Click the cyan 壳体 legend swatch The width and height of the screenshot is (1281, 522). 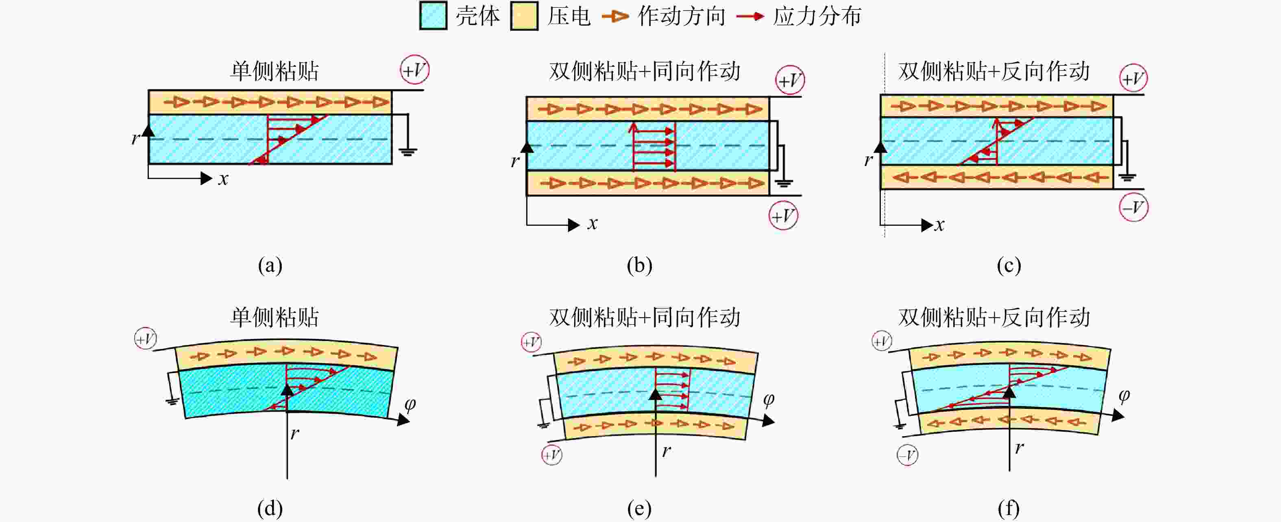[x=433, y=16]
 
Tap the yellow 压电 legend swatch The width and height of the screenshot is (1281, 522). [x=524, y=16]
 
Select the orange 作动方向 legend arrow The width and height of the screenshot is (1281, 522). [x=615, y=16]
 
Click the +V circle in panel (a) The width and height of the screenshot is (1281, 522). [x=415, y=70]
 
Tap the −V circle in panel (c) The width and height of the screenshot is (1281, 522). [x=1134, y=207]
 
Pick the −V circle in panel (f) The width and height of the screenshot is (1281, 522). [x=908, y=455]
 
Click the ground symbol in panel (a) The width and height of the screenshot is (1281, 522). [x=408, y=151]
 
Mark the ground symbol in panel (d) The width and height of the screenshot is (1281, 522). [x=172, y=401]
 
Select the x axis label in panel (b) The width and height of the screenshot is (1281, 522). [x=592, y=224]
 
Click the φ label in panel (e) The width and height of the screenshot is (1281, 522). [x=769, y=400]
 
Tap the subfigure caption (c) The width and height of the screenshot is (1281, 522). [x=1009, y=265]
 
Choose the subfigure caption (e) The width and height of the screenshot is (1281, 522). [x=640, y=509]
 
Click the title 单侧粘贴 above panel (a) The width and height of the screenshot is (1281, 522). [x=274, y=71]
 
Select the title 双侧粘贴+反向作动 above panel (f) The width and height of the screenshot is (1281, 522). [x=993, y=317]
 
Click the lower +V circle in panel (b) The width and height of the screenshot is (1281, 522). [x=784, y=216]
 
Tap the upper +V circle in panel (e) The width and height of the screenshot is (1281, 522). [x=532, y=342]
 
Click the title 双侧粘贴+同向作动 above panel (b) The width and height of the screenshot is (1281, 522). [x=645, y=71]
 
